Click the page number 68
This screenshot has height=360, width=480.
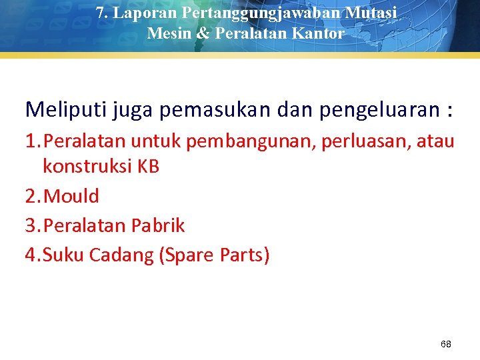[x=446, y=344]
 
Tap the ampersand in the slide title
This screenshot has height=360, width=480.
[x=202, y=33]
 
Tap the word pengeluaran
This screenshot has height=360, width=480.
[x=376, y=109]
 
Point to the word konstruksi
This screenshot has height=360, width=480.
[x=88, y=167]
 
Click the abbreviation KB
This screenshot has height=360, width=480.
[x=149, y=167]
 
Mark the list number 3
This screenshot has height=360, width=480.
[x=31, y=225]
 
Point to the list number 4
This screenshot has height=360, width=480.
[x=31, y=255]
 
